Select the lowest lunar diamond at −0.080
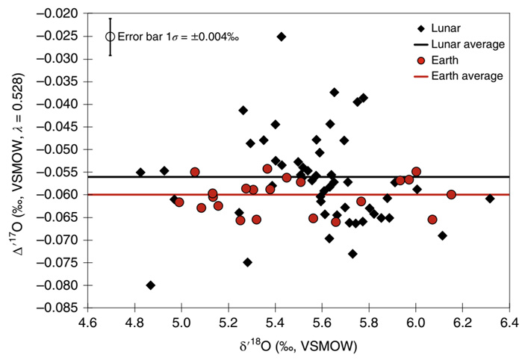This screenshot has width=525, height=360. pyautogui.click(x=150, y=285)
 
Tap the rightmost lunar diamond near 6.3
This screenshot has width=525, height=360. pyautogui.click(x=490, y=199)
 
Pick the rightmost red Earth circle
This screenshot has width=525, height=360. pyautogui.click(x=451, y=195)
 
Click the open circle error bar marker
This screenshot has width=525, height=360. pyautogui.click(x=111, y=36)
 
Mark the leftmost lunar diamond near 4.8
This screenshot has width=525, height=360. pyautogui.click(x=140, y=173)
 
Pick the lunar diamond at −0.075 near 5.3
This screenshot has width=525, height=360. pyautogui.click(x=247, y=262)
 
